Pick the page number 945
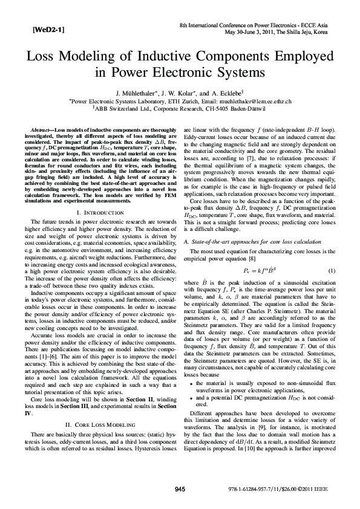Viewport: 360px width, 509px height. pyautogui.click(x=180, y=488)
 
